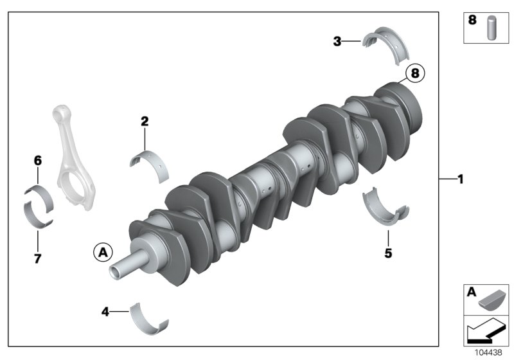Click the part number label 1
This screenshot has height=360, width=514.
tap(460, 180)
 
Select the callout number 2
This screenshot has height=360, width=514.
tap(145, 121)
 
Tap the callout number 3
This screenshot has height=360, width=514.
tap(337, 42)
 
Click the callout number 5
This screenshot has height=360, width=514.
tap(388, 253)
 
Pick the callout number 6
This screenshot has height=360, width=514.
tap(37, 160)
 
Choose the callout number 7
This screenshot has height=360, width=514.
tap(37, 259)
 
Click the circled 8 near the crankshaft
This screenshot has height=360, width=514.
tap(415, 74)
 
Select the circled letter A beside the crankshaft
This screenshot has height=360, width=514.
tap(102, 252)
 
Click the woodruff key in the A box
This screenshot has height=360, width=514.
tap(495, 300)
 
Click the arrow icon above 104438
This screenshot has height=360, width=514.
tap(486, 330)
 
